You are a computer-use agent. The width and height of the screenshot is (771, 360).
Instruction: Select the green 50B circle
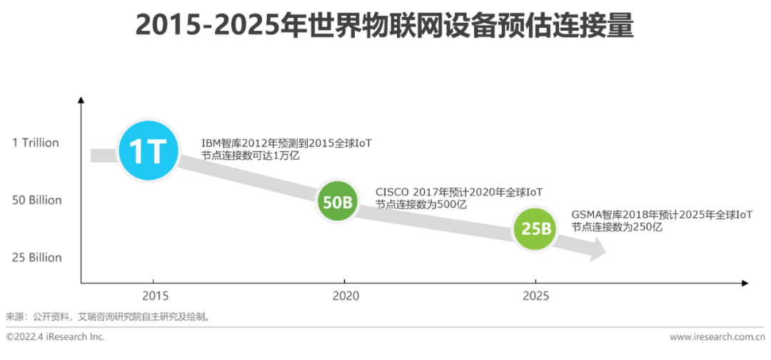coord(338,202)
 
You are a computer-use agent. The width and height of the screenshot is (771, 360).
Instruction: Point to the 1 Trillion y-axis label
coord(35,143)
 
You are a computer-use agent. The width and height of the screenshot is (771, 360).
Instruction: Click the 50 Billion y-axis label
coord(36,200)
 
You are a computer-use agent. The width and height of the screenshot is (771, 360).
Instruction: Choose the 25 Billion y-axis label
coord(36,257)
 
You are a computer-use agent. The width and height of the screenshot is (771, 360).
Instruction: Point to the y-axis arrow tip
coord(81,100)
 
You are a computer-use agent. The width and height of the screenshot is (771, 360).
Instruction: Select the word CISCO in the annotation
coord(392,193)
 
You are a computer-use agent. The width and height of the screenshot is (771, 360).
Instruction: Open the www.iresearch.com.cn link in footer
coord(716,336)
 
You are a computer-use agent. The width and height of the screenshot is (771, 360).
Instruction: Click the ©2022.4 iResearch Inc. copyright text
coord(55,336)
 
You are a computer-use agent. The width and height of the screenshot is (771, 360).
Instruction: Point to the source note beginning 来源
coord(107,316)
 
